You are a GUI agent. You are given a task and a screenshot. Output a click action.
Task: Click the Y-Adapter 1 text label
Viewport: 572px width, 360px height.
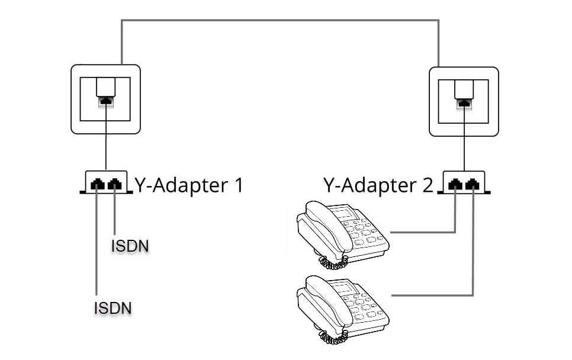pyautogui.click(x=189, y=185)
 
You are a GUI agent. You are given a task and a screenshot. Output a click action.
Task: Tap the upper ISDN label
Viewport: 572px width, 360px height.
pyautogui.click(x=129, y=245)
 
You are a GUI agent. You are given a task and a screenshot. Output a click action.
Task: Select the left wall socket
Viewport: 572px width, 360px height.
pyautogui.click(x=106, y=99)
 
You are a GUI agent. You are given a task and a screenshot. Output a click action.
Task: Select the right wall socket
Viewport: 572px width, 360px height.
pyautogui.click(x=464, y=101)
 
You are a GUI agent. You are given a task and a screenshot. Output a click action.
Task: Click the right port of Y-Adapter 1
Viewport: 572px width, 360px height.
pyautogui.click(x=114, y=185)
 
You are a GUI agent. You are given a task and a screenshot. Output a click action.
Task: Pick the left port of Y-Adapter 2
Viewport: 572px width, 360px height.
pyautogui.click(x=455, y=185)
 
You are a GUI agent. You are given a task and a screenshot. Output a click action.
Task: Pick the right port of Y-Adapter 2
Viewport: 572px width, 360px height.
pyautogui.click(x=472, y=185)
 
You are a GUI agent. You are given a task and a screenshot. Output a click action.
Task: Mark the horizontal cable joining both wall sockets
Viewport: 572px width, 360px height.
pyautogui.click(x=279, y=21)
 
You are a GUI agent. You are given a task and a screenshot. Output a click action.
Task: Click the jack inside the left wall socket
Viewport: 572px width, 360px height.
pyautogui.click(x=105, y=101)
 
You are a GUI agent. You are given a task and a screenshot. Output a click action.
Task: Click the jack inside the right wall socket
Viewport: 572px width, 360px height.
pyautogui.click(x=464, y=104)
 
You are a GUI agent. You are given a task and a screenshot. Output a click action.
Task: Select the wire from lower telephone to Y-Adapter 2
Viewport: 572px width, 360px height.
pyautogui.click(x=432, y=295)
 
